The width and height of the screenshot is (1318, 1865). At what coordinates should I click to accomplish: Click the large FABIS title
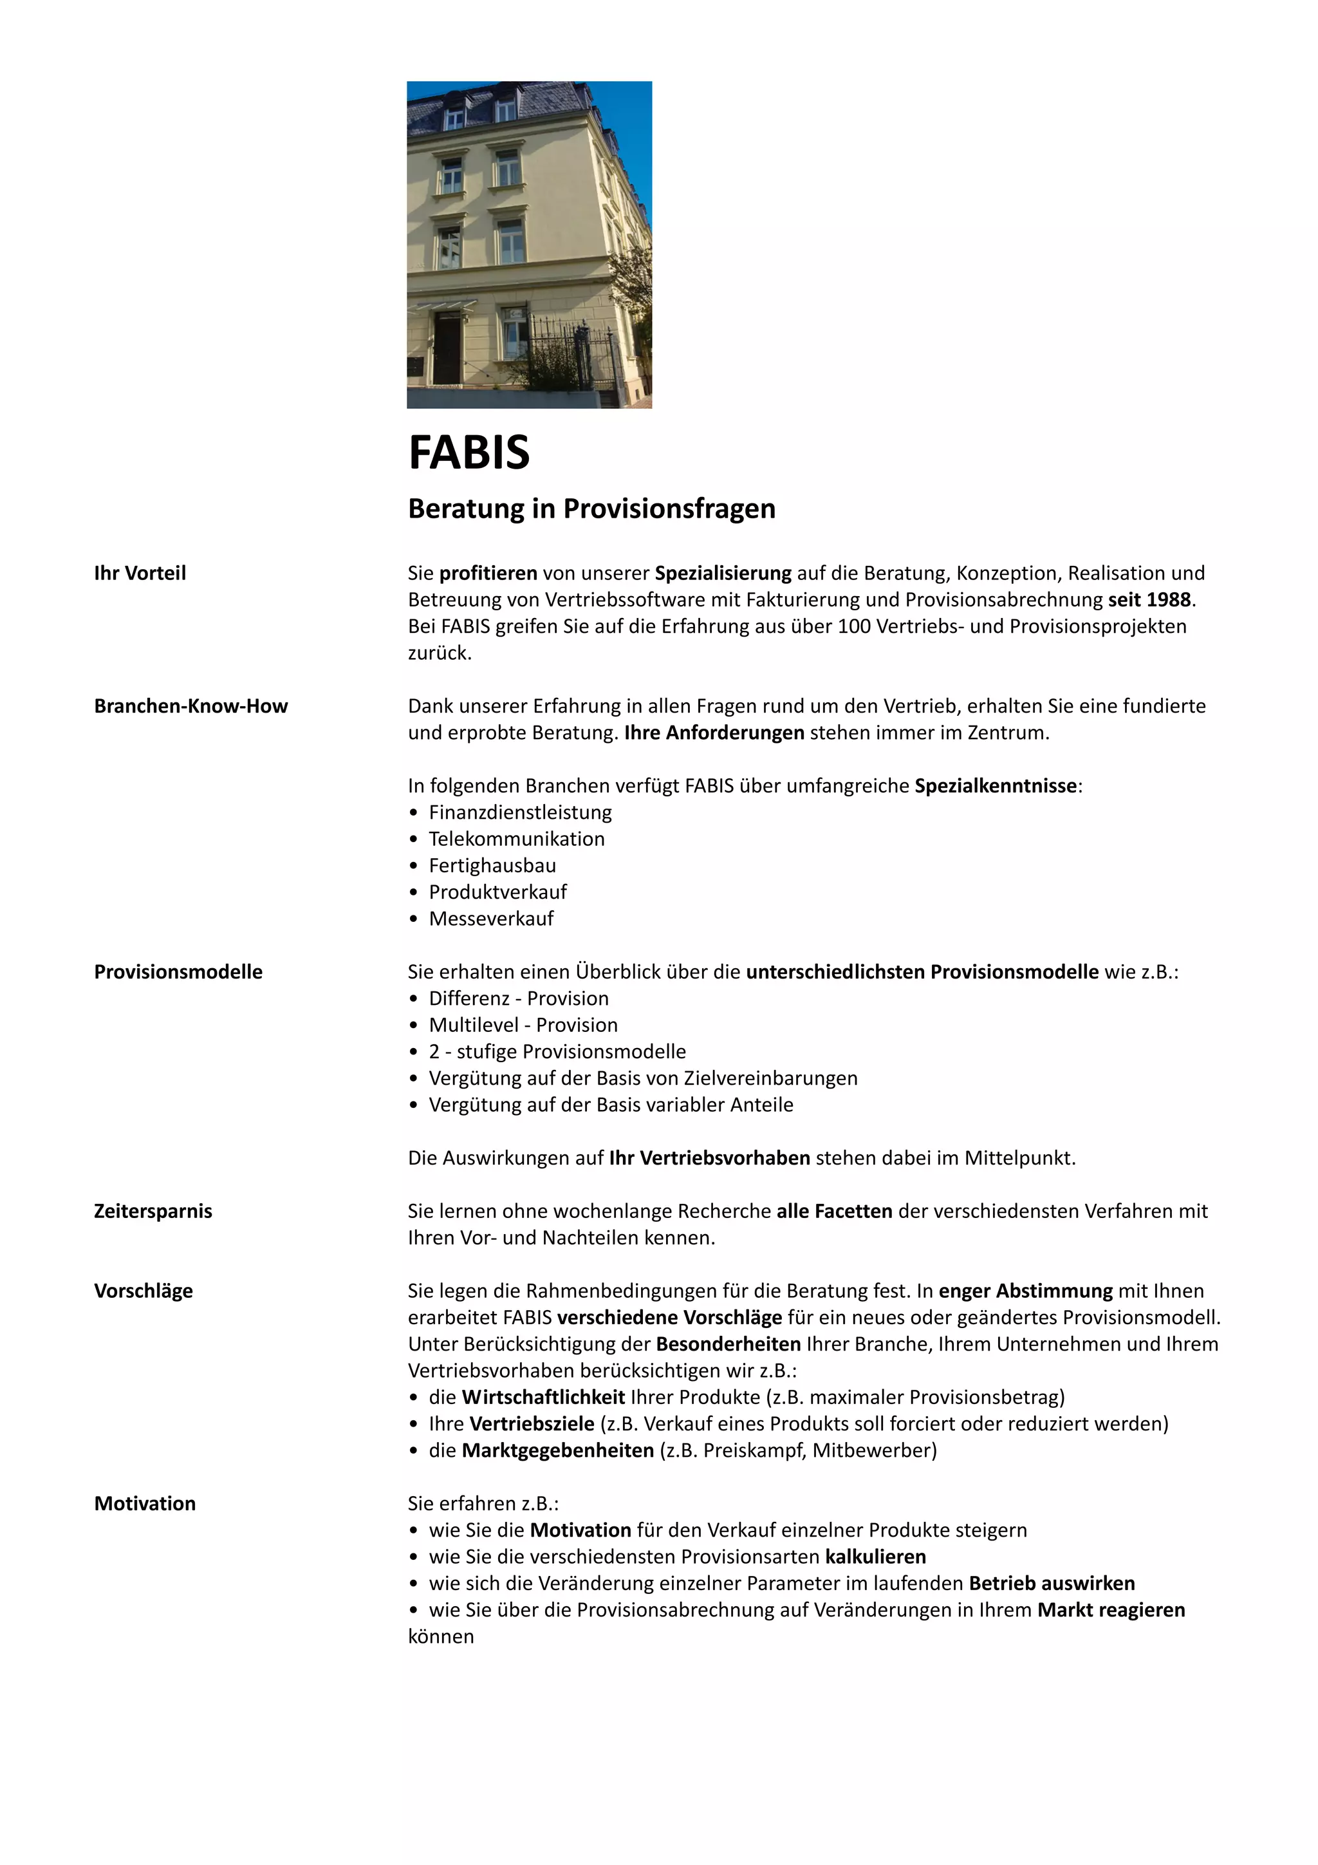tap(469, 453)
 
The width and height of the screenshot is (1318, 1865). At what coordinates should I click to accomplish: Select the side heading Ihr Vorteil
tap(140, 574)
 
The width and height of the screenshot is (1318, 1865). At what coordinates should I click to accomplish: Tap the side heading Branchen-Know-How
tap(191, 706)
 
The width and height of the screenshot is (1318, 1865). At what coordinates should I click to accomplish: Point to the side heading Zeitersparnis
tap(153, 1211)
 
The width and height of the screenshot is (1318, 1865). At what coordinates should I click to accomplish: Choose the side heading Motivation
tap(145, 1504)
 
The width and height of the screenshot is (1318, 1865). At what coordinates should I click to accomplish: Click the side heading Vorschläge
tap(143, 1291)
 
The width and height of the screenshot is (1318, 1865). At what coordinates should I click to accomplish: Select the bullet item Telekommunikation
tap(517, 839)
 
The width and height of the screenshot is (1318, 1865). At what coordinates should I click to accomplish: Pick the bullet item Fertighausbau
tap(492, 866)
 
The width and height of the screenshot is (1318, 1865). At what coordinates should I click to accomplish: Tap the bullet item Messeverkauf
tap(491, 919)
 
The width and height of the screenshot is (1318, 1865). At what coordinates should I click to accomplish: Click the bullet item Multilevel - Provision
tap(523, 1025)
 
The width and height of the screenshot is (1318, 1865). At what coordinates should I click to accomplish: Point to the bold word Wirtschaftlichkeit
tap(543, 1397)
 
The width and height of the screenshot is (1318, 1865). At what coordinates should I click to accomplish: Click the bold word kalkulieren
tap(875, 1557)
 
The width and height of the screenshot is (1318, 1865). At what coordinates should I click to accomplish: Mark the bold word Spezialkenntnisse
tap(996, 786)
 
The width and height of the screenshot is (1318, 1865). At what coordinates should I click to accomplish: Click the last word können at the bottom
tap(441, 1636)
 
